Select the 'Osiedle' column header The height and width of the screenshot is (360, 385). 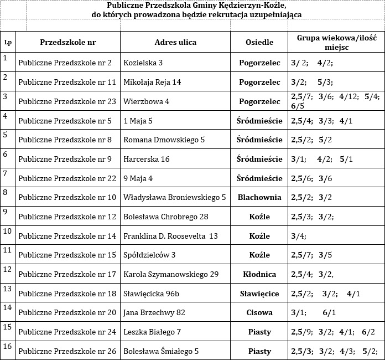pyautogui.click(x=259, y=43)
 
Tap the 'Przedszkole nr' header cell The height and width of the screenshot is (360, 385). pyautogui.click(x=68, y=43)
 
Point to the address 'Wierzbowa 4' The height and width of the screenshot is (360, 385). pyautogui.click(x=147, y=101)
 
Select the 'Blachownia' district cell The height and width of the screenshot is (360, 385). pyautogui.click(x=259, y=197)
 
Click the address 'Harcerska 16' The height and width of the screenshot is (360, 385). pyautogui.click(x=147, y=159)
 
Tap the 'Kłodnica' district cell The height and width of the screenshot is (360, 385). pyautogui.click(x=259, y=274)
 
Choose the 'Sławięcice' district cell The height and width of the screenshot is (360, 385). pyautogui.click(x=259, y=294)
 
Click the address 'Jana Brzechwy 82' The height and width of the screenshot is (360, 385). pyautogui.click(x=154, y=312)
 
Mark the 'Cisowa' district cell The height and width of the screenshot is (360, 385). pyautogui.click(x=259, y=312)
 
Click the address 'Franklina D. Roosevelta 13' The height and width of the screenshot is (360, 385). pyautogui.click(x=170, y=236)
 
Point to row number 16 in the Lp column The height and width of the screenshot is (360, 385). pyautogui.click(x=7, y=346)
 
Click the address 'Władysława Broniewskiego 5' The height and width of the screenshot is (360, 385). pyautogui.click(x=175, y=197)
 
